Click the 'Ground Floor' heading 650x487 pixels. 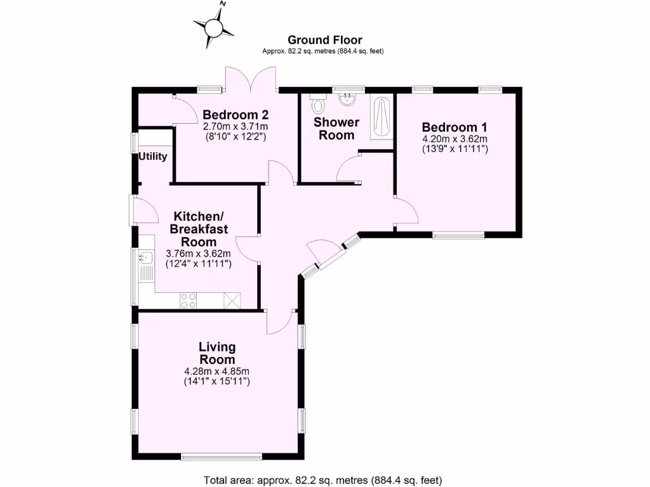[324, 40]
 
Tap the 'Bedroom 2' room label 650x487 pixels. [235, 115]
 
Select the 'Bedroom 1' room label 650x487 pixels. [454, 126]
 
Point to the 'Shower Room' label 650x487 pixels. [336, 128]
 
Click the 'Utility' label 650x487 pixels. [153, 156]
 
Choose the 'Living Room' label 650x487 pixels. [217, 353]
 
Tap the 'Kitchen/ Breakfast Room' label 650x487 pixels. [199, 228]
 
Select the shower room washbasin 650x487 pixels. [347, 100]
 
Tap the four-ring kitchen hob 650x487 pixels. [189, 300]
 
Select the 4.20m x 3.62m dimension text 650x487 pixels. [454, 138]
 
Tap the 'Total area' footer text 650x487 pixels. [322, 480]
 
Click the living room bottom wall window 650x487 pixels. [221, 456]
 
